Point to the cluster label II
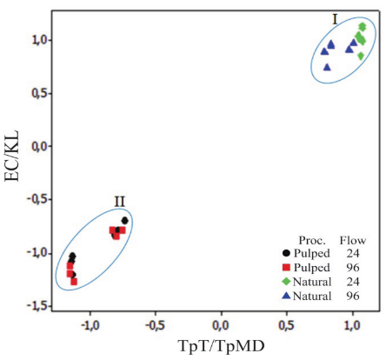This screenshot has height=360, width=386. [x=120, y=202]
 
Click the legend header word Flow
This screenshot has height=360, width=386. [x=350, y=237]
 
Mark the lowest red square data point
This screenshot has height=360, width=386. [x=74, y=282]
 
